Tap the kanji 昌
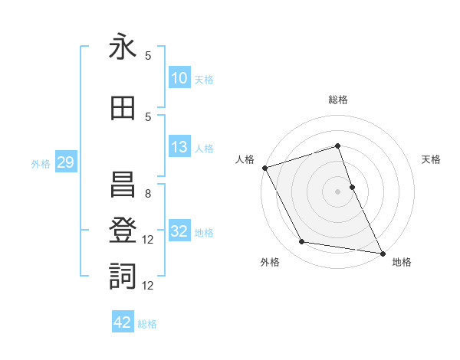coord(123,184)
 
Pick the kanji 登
coord(123,230)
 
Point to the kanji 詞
coord(123,276)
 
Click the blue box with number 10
coord(179,78)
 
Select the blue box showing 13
coord(179,147)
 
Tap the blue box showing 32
coord(179,231)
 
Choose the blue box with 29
coord(65,162)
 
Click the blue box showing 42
coord(123,322)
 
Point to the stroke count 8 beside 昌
coord(147,194)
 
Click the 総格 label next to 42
coord(147,324)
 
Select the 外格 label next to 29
coord(41,163)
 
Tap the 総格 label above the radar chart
coord(338,100)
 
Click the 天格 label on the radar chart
coord(432,159)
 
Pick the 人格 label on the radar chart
coord(245,159)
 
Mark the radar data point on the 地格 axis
coord(382,253)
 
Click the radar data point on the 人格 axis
coord(264,168)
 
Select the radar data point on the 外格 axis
coord(301,243)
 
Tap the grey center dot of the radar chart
coord(338,191)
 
